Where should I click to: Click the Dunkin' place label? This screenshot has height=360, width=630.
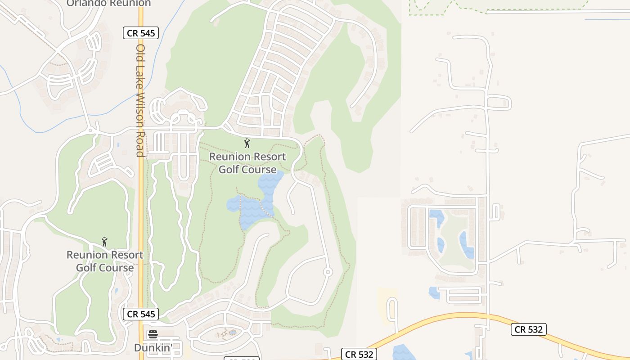click(153, 347)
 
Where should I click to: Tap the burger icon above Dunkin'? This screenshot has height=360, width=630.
click(153, 334)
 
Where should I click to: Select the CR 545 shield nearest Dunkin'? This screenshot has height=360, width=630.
click(141, 314)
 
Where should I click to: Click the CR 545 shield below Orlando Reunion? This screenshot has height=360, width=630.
click(141, 32)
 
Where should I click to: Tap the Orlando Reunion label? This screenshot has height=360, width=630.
click(108, 3)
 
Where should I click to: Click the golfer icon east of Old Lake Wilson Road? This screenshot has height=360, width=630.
click(247, 144)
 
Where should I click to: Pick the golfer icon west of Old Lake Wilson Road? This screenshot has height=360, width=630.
click(104, 242)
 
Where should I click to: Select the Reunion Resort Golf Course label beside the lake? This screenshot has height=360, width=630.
click(247, 163)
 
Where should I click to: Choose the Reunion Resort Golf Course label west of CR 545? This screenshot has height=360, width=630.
click(105, 261)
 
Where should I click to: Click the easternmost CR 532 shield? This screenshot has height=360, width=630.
click(529, 329)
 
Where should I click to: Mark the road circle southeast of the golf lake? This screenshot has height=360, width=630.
click(328, 272)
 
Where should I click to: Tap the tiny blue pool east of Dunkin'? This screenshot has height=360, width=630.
click(232, 333)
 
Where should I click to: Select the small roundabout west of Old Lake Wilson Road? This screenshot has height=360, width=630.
click(90, 130)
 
